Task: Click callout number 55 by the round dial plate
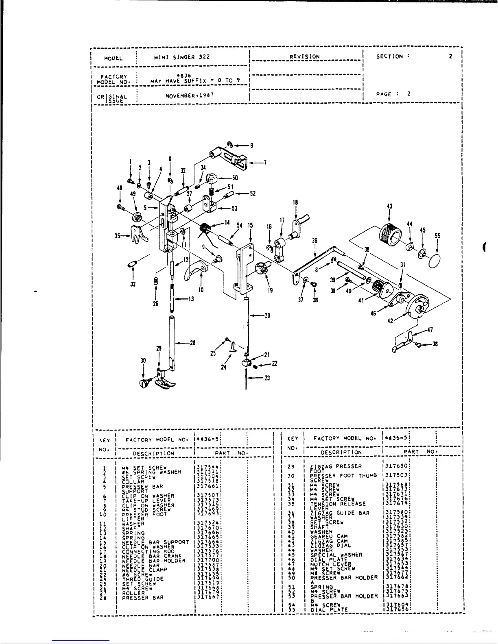coord(437,235)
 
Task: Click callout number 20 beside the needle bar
coord(267,315)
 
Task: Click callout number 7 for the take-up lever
coord(265,163)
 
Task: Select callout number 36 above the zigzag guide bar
coord(315,241)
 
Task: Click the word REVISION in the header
coord(305,57)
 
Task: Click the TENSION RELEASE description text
coord(338,504)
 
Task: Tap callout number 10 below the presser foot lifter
coord(200,290)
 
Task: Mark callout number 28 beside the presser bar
coord(192,342)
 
